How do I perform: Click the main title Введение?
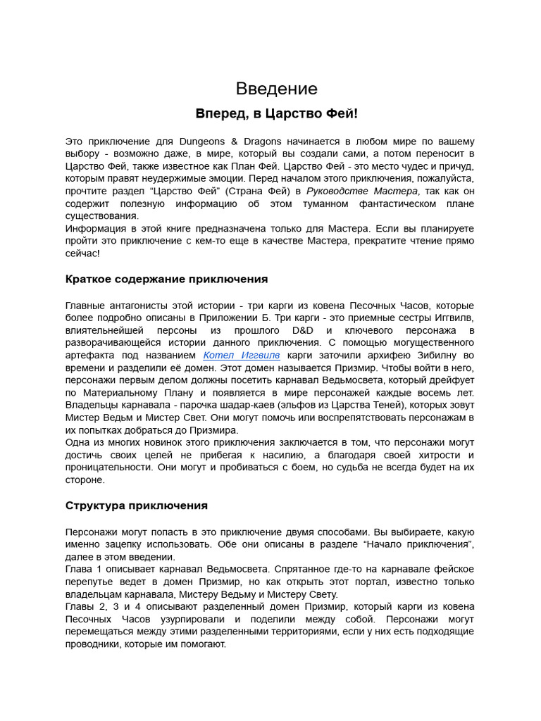276,89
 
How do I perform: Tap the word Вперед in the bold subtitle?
217,113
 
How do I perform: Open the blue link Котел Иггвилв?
242,356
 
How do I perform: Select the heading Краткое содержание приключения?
166,279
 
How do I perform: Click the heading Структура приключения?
137,506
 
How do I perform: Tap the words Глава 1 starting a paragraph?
83,568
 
